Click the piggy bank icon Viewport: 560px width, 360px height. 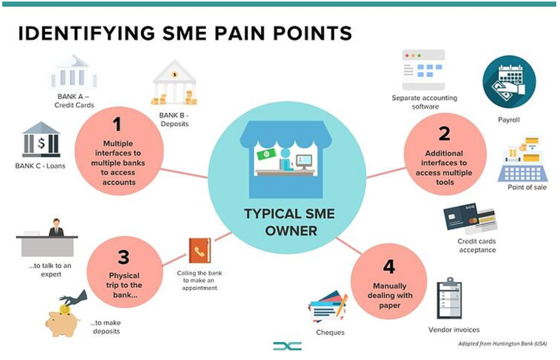[63, 320]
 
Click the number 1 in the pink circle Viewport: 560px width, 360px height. [117, 124]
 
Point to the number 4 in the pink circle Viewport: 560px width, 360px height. [389, 267]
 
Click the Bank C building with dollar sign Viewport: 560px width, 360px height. [41, 140]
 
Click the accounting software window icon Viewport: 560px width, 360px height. [424, 70]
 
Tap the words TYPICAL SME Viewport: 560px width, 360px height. [289, 214]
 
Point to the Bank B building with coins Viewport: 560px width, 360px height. [174, 84]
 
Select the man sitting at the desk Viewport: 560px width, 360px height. [56, 227]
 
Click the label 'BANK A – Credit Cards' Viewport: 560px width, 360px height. [74, 101]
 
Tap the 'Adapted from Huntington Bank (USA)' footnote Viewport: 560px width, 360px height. [502, 344]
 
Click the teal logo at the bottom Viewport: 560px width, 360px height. [287, 346]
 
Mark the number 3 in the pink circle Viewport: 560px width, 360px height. [124, 257]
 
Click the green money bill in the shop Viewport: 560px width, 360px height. [266, 154]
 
